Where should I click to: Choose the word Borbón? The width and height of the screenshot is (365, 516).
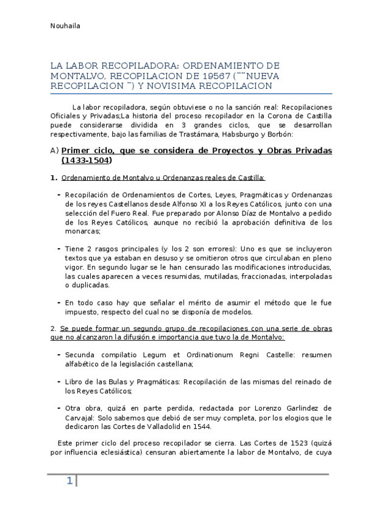point(279,134)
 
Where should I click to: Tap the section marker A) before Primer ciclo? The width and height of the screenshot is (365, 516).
point(54,151)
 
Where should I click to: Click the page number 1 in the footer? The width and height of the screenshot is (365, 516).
point(70,481)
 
